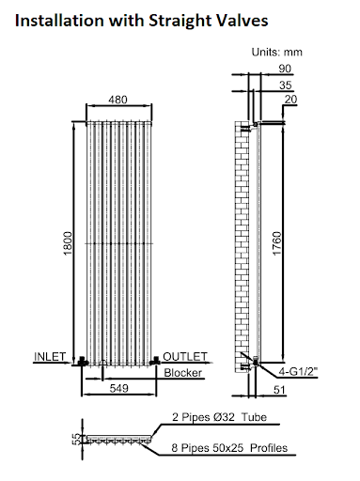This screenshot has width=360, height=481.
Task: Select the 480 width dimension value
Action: [117, 99]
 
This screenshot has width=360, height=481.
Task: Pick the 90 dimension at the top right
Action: [286, 68]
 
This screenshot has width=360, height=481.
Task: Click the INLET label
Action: [51, 357]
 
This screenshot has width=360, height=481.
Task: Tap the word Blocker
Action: [184, 373]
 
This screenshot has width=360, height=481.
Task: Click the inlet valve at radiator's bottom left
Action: [85, 362]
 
